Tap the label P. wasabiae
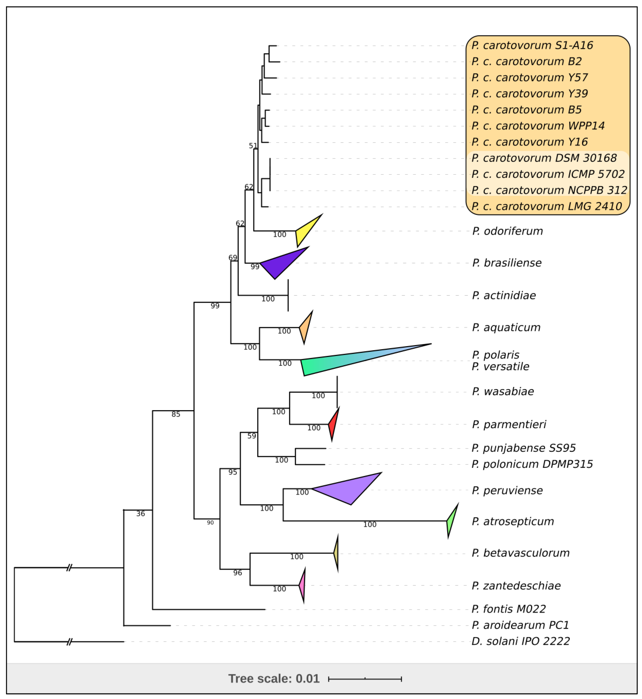pyautogui.click(x=503, y=392)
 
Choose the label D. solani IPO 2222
pyautogui.click(x=520, y=641)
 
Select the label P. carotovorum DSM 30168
pyautogui.click(x=544, y=158)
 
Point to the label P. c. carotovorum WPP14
pyautogui.click(x=538, y=126)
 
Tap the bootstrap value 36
pyautogui.click(x=140, y=513)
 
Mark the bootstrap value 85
pyautogui.click(x=176, y=414)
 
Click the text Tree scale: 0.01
pyautogui.click(x=274, y=678)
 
